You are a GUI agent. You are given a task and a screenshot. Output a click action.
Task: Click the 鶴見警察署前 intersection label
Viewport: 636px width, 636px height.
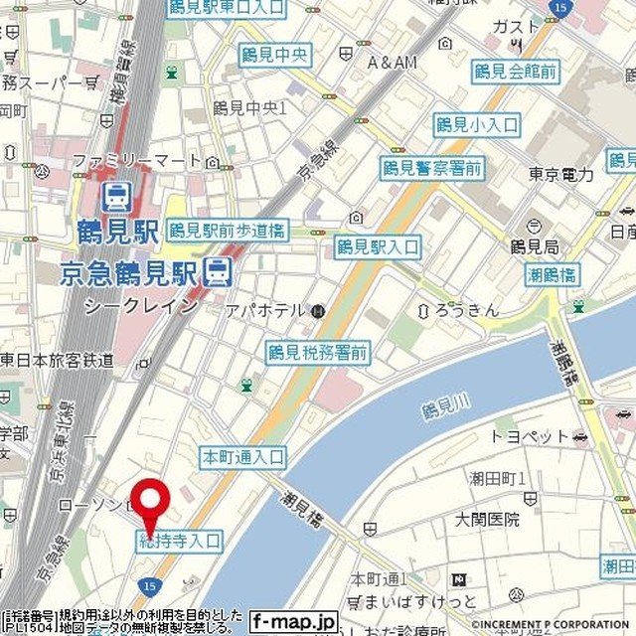[432, 168]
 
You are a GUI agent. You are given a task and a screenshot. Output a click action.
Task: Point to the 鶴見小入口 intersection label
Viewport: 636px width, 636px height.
[477, 124]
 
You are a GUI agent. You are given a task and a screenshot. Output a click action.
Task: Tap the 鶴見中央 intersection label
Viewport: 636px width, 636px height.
[275, 56]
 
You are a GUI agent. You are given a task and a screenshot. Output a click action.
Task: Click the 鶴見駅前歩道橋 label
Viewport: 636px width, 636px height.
[228, 231]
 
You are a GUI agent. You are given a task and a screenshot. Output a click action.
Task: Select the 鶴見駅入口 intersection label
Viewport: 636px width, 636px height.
[377, 246]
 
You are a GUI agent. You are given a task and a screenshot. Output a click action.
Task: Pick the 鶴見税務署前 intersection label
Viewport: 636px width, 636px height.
[318, 352]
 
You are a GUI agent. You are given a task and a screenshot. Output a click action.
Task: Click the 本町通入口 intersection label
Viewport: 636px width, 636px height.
[243, 457]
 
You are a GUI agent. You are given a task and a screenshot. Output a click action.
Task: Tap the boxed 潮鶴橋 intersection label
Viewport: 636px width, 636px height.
[554, 275]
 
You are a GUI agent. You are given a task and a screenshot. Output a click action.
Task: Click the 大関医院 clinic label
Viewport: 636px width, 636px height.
[487, 519]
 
